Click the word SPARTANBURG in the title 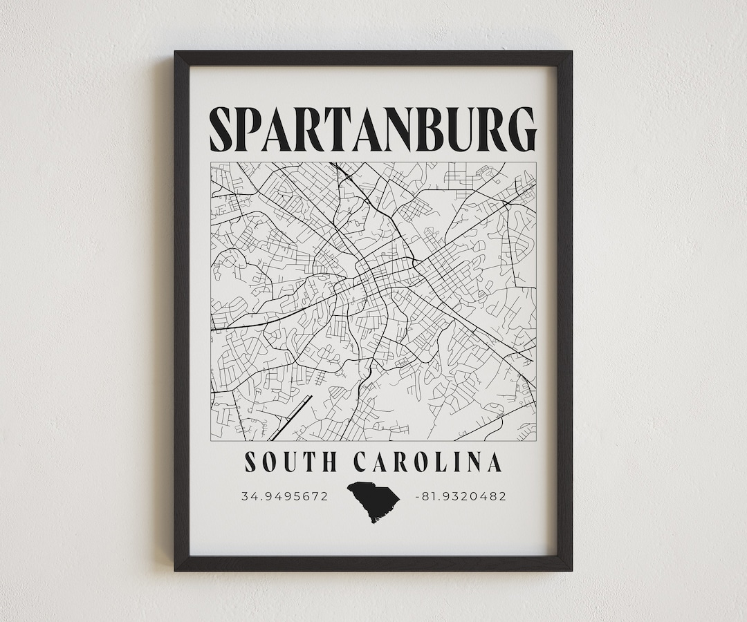[x=373, y=129]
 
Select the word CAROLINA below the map [x=427, y=462]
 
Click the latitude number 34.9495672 [x=284, y=496]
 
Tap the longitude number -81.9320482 [x=460, y=496]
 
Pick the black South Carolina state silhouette [x=373, y=500]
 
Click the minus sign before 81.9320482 [x=416, y=496]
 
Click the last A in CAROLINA [x=493, y=462]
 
